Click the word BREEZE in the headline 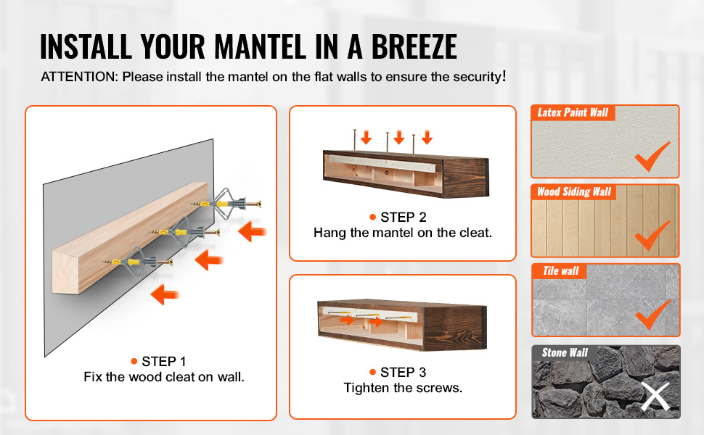tap(414, 46)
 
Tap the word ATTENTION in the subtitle tap(78, 77)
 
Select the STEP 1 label tap(163, 362)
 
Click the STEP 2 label tap(404, 217)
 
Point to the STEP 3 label tap(403, 372)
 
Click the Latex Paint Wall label tap(573, 112)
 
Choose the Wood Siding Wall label tap(574, 192)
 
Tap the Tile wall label tap(561, 271)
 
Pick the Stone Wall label tap(565, 352)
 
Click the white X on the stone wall tap(655, 397)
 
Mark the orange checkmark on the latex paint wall tap(652, 157)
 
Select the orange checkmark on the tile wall tap(653, 315)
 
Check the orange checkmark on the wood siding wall tap(652, 236)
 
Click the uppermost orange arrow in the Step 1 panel tap(253, 231)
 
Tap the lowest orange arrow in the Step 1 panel tap(165, 294)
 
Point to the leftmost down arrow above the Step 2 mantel tap(366, 137)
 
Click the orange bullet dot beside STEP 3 tap(372, 372)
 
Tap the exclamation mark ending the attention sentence tap(504, 76)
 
